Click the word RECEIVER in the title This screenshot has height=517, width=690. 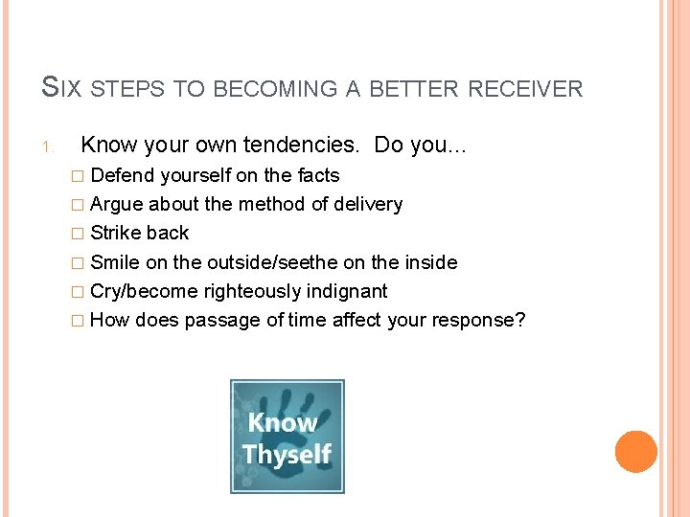point(526,89)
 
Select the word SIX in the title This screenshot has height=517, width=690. point(62,89)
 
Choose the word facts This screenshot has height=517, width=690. point(315,175)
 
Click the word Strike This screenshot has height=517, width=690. point(115,233)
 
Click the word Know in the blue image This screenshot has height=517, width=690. point(283,422)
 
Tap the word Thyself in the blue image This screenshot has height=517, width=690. point(287,454)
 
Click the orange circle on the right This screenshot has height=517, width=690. point(636,452)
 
